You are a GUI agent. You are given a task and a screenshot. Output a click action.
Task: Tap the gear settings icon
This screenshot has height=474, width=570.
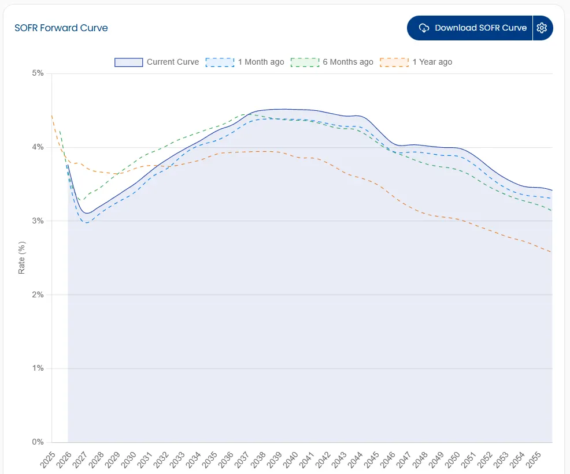point(542,28)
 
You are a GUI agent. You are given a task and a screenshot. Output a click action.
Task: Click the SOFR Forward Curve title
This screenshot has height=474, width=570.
point(61,28)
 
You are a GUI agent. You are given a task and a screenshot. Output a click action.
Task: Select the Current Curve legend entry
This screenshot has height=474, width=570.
point(157,62)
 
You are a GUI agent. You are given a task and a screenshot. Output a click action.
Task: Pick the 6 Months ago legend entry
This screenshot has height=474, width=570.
point(332,62)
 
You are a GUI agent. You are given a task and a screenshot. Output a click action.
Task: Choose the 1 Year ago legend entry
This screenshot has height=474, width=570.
point(417,62)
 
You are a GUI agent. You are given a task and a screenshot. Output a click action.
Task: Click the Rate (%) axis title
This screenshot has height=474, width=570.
point(21,257)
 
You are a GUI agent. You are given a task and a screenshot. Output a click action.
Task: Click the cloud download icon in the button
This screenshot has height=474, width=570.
point(424,28)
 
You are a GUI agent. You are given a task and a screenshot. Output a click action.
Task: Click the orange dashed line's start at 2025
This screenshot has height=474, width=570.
point(52,116)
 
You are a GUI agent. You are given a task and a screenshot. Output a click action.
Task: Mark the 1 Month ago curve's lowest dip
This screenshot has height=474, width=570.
point(87,223)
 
